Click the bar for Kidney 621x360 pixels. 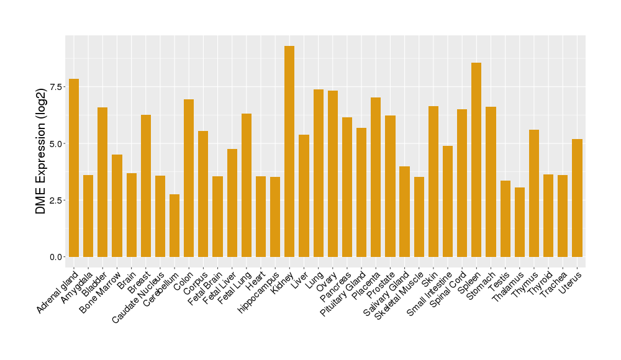[289, 151]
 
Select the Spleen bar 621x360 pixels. [476, 160]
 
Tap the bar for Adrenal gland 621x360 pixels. [74, 168]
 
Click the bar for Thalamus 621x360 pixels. [519, 222]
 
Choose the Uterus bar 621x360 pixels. [577, 198]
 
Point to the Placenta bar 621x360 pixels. [376, 177]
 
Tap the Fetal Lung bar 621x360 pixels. [247, 185]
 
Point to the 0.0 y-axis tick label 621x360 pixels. [56, 257]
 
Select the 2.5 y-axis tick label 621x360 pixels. [56, 200]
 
